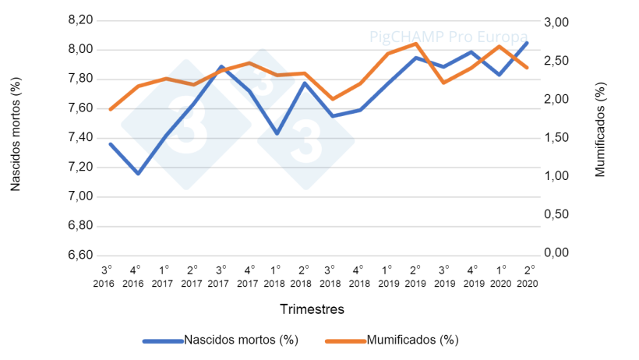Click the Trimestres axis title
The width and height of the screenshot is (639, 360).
[x=312, y=309]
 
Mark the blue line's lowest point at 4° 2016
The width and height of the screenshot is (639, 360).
[x=138, y=173]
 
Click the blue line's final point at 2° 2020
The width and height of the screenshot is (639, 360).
[x=528, y=42]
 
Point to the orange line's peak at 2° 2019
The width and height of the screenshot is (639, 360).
[x=416, y=44]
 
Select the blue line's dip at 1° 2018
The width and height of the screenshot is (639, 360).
[x=277, y=134]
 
